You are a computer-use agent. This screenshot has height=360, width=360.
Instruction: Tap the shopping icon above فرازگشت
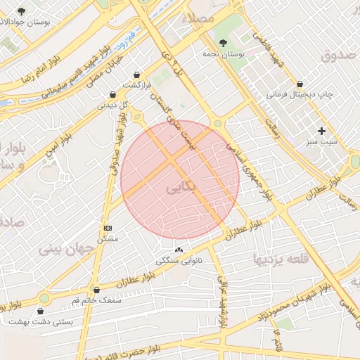(136, 74)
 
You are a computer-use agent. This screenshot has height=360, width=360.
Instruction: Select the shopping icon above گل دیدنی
(112, 94)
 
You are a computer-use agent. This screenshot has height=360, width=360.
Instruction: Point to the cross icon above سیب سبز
(321, 131)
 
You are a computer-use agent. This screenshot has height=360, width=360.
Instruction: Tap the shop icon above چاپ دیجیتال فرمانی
(300, 83)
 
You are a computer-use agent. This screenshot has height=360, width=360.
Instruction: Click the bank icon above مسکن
(108, 228)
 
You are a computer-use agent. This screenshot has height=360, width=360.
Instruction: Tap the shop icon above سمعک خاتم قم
(96, 289)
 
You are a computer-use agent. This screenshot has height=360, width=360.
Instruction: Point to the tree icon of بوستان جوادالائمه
(20, 11)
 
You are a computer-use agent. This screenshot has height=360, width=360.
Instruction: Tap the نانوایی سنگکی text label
(177, 261)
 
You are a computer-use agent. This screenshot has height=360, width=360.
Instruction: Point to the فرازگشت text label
(136, 85)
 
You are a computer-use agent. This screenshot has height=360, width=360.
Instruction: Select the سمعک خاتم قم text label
(96, 300)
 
